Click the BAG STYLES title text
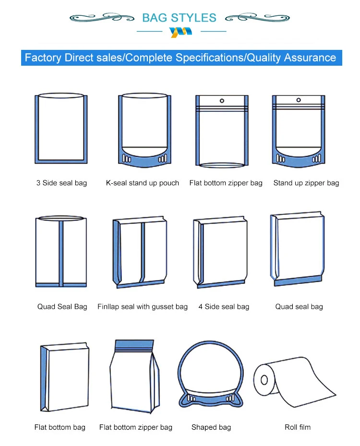[x=180, y=18]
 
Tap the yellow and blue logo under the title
[x=180, y=32]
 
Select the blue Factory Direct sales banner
[x=180, y=58]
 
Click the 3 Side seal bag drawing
[x=61, y=129]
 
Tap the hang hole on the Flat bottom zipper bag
[x=222, y=101]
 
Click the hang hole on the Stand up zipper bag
[x=299, y=101]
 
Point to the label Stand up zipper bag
[x=306, y=183]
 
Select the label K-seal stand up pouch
[x=143, y=183]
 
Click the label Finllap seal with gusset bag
[x=143, y=306]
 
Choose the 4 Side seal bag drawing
[x=222, y=252]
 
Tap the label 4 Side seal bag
[x=224, y=306]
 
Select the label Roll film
[x=298, y=427]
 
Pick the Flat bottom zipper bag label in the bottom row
[x=136, y=427]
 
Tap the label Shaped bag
[x=211, y=427]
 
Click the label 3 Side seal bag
[x=61, y=183]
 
